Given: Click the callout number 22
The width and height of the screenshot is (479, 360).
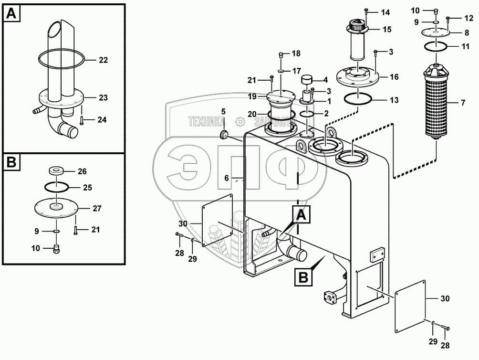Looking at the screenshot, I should [x=104, y=60].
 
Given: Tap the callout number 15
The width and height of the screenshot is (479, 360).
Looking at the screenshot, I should [x=387, y=30].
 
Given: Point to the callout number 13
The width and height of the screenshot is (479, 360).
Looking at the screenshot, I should [x=394, y=100].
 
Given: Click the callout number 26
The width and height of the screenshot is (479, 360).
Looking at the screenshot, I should [x=82, y=171].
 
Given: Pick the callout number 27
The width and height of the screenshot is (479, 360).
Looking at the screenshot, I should [x=97, y=208].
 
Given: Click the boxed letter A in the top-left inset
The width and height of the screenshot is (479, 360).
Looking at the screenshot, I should [x=12, y=14].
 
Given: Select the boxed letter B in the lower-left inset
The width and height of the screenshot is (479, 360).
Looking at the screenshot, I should [x=12, y=163].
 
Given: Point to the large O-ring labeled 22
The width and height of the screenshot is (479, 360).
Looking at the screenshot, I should [x=61, y=60].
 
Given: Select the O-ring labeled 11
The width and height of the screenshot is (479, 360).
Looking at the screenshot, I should [x=435, y=47].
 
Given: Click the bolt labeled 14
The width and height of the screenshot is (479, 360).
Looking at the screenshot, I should [x=366, y=11].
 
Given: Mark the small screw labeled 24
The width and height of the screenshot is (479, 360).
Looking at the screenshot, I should [x=83, y=120].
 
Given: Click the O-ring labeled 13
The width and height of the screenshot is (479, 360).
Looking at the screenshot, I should [x=357, y=100].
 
